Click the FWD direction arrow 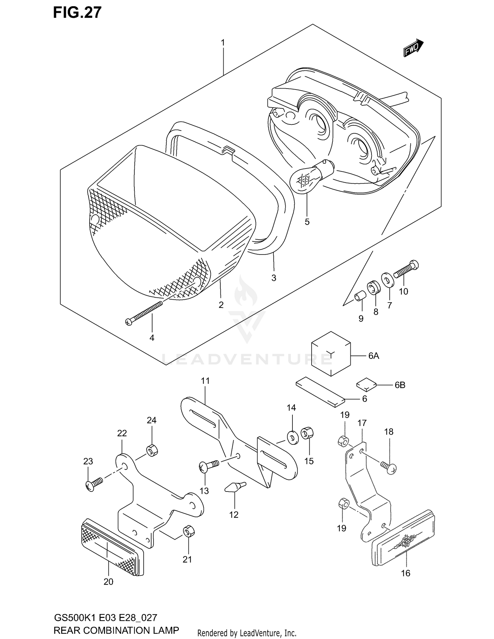413,48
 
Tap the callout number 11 205,381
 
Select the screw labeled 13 208,466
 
